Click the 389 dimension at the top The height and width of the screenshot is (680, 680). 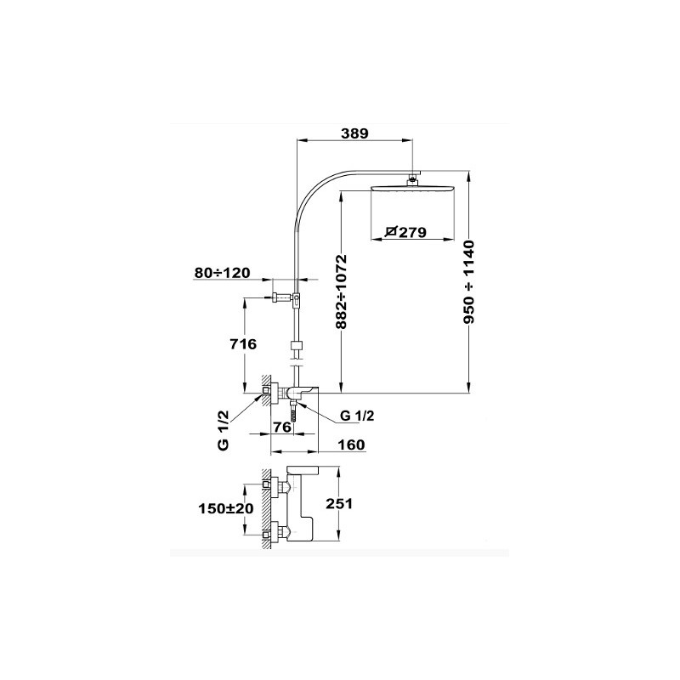point(354,133)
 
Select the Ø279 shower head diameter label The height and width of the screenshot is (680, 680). point(405,232)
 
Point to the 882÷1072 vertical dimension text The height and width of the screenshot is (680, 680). point(343,292)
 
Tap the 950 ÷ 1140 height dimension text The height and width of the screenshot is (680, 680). point(469,282)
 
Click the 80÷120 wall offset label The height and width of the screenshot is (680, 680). point(223,273)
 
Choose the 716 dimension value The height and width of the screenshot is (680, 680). point(243,344)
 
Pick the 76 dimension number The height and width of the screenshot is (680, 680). point(283,428)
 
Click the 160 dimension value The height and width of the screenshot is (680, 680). point(351,445)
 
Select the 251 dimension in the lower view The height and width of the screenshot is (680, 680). point(339,503)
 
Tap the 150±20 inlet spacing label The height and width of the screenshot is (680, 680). point(226,508)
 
